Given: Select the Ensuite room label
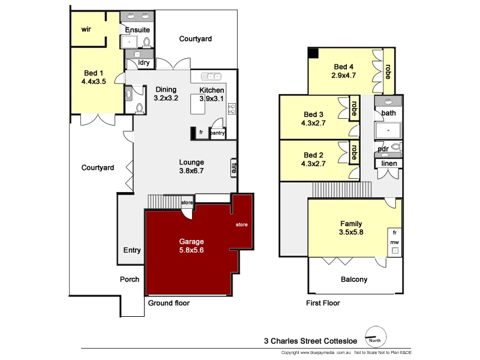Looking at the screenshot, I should pyautogui.click(x=137, y=29).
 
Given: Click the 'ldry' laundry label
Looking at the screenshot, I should pyautogui.click(x=144, y=62).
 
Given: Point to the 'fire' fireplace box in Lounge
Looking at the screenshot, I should pyautogui.click(x=234, y=167).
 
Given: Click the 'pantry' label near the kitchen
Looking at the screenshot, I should pyautogui.click(x=217, y=133).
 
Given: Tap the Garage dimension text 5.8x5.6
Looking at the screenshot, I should pyautogui.click(x=191, y=251).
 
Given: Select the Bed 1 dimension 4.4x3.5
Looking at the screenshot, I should pyautogui.click(x=94, y=82).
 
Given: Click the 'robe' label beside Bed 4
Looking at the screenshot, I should pyautogui.click(x=388, y=71).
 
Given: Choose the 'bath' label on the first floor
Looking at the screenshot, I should pyautogui.click(x=389, y=113).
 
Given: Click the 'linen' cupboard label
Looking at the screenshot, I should pyautogui.click(x=389, y=164).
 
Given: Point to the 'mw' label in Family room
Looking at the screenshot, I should pyautogui.click(x=394, y=242).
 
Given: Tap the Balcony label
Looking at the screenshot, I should pyautogui.click(x=354, y=279).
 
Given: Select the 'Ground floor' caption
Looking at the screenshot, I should pyautogui.click(x=169, y=303).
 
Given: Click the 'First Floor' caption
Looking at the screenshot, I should pyautogui.click(x=323, y=303).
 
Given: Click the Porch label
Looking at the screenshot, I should pyautogui.click(x=130, y=279).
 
